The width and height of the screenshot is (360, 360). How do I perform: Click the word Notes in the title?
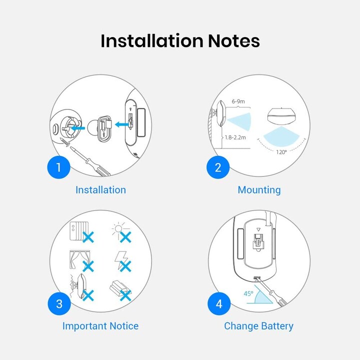[233, 41]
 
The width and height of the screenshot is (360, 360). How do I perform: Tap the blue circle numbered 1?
[59, 167]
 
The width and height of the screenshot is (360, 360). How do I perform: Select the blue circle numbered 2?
[218, 167]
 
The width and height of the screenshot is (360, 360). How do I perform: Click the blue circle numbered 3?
[59, 304]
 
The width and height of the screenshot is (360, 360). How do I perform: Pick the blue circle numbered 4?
[219, 304]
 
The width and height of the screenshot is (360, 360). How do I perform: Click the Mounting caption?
[259, 190]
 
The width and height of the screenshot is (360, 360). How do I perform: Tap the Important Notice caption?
[100, 326]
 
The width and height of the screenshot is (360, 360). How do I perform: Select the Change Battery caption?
[259, 326]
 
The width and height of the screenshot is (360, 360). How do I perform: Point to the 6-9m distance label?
[238, 101]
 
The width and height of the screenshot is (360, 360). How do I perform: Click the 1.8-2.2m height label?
[235, 137]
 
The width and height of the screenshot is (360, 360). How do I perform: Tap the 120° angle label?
[281, 152]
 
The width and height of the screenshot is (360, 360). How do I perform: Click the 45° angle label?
[248, 293]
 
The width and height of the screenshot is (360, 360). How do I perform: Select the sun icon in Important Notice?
[118, 229]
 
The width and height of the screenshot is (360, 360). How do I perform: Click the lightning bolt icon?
[120, 259]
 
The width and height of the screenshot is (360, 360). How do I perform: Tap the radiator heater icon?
[79, 231]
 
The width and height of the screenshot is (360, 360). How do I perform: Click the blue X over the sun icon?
[125, 237]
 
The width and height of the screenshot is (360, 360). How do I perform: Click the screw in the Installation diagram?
[65, 142]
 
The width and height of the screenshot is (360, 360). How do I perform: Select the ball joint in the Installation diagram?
[93, 128]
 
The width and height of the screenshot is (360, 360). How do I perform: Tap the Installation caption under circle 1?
[101, 190]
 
